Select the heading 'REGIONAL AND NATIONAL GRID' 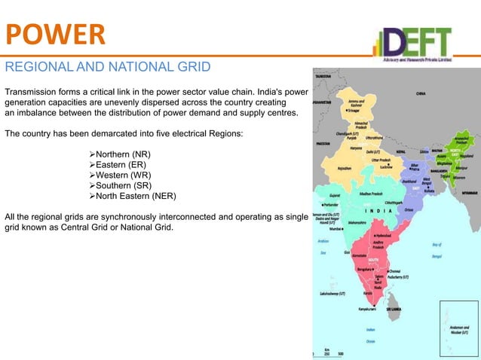click(107, 67)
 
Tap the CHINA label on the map click(423, 94)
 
